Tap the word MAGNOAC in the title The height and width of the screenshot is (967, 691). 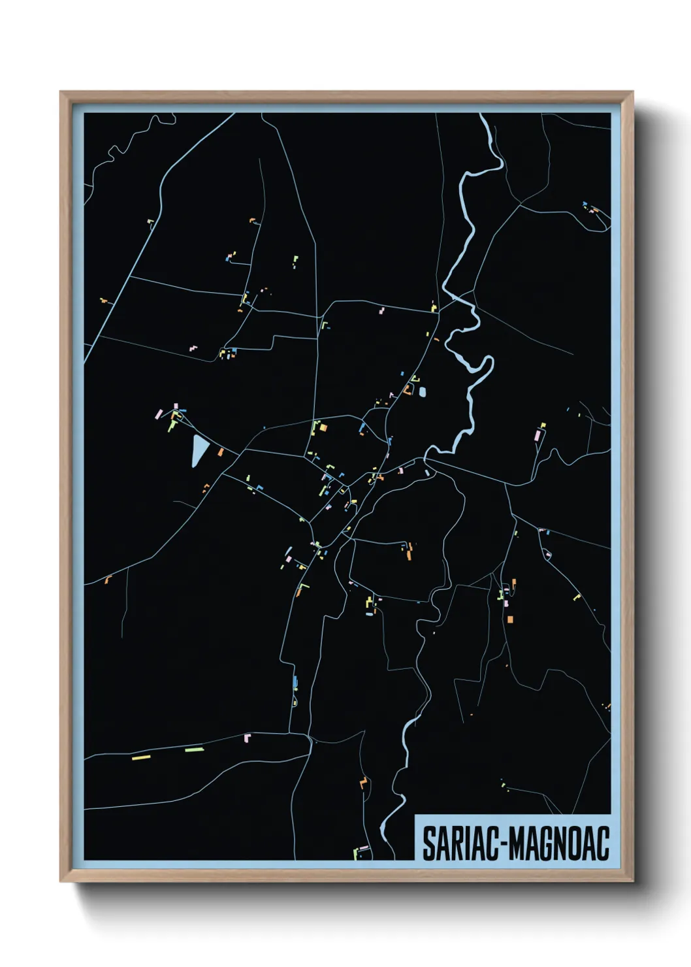tap(559, 844)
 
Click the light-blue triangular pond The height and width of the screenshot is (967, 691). tap(199, 450)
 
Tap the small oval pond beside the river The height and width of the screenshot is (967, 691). tap(422, 392)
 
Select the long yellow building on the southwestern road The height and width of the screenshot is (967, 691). tap(141, 757)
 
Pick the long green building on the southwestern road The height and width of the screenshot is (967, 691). tap(194, 749)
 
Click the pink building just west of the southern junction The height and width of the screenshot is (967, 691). tap(247, 738)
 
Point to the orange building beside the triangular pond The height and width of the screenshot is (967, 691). tap(221, 451)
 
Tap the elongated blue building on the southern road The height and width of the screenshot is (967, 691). tap(295, 683)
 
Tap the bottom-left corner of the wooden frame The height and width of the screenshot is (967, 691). tap(61, 881)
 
